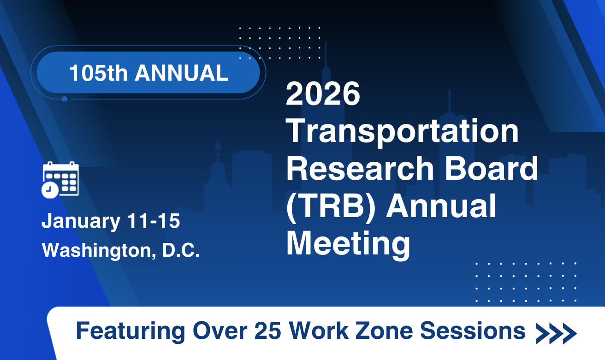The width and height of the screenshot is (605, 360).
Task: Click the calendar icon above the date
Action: tap(60, 180)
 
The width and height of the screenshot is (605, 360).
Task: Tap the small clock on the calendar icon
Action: tap(50, 190)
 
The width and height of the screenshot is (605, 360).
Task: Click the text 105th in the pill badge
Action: tap(98, 73)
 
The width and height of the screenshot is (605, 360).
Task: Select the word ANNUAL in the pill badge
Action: tap(182, 73)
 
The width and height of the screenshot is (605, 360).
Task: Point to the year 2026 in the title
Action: tap(323, 94)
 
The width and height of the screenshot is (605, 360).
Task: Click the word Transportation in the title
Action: tap(403, 132)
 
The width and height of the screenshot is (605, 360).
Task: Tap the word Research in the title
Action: tap(360, 169)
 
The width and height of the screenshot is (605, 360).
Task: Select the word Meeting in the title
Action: tap(348, 244)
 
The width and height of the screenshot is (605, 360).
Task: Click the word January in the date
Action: tap(81, 221)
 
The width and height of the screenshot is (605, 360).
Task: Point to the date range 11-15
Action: tap(154, 221)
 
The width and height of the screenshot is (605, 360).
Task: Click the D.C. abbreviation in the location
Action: tap(181, 250)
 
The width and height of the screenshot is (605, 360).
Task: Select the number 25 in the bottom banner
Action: tap(267, 330)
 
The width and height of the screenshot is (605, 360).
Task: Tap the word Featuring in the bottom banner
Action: tap(130, 331)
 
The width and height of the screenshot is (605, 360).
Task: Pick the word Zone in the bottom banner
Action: tap(384, 330)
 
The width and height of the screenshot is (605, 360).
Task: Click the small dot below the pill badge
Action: tap(64, 99)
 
